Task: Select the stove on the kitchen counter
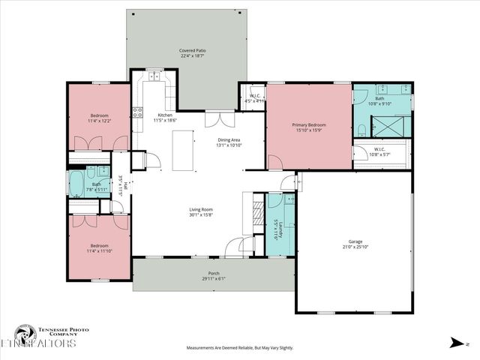click(138, 112)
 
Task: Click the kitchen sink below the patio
click(155, 75)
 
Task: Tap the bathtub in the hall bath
click(77, 184)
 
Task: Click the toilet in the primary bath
click(361, 132)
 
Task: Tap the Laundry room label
click(276, 229)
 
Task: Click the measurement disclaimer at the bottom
click(240, 348)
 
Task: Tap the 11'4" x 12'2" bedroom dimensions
click(100, 121)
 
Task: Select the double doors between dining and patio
click(215, 118)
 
